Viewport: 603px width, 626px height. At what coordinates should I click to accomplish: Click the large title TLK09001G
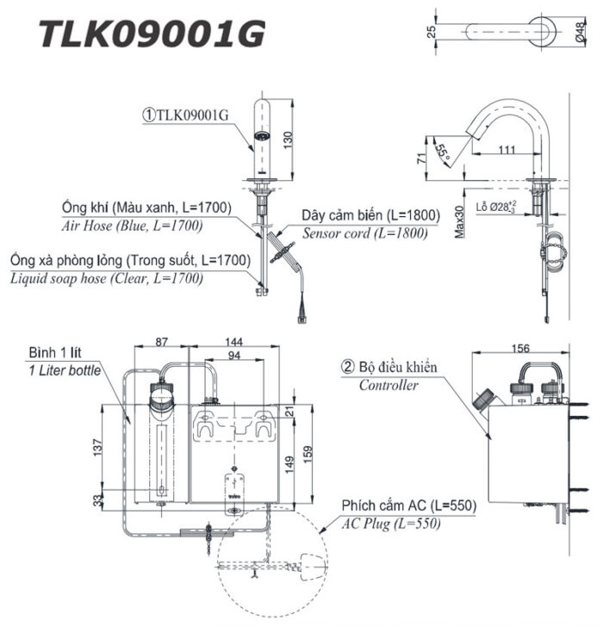pos(152,35)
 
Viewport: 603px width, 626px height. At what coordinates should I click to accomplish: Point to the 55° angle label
pos(444,155)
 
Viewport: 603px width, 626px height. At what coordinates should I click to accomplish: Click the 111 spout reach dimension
pos(507,150)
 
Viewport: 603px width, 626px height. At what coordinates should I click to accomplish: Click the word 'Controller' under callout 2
pos(389,385)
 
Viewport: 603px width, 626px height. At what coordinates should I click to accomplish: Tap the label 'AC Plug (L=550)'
pos(391,523)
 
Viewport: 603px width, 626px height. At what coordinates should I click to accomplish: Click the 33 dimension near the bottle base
pos(97,499)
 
